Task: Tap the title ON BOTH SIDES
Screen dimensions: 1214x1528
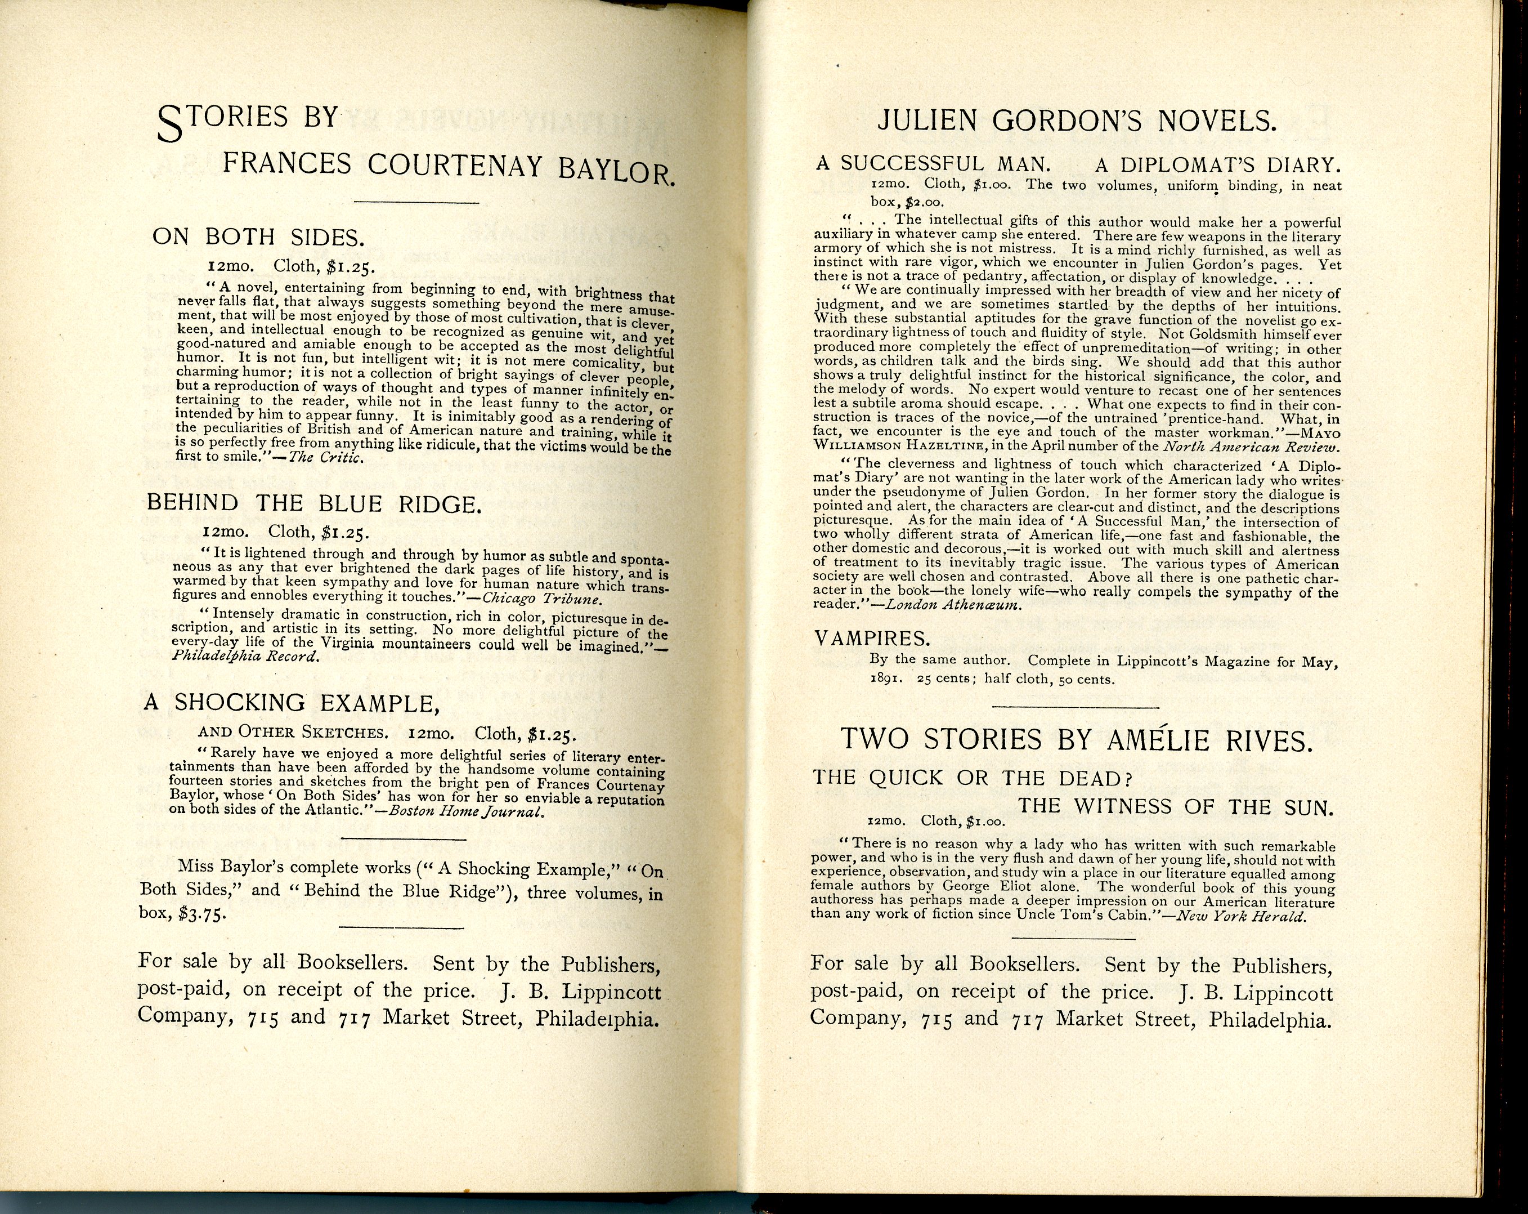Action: pos(258,237)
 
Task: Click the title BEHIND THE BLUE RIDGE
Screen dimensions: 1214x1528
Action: pos(314,503)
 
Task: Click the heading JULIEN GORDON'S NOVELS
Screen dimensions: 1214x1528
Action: pos(1077,121)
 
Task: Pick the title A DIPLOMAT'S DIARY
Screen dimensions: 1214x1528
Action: pos(1217,165)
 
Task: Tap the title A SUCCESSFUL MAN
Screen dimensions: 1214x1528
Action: pos(933,164)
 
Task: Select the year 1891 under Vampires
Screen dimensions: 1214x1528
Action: pos(886,679)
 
